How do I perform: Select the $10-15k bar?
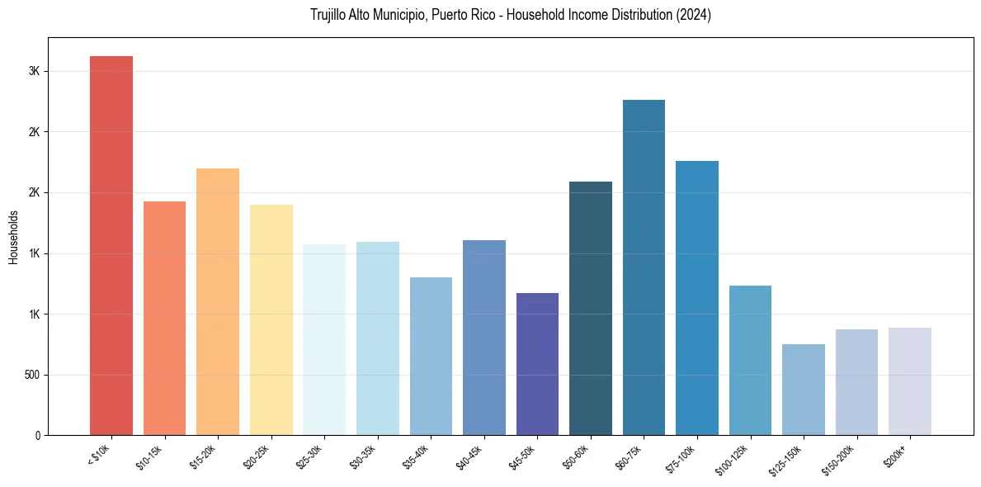coord(164,318)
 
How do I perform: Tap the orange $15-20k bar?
coord(218,301)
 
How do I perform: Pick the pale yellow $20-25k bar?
coord(271,319)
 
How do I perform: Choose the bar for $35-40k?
coord(431,356)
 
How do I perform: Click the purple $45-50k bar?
coord(537,364)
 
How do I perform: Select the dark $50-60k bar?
coord(591,308)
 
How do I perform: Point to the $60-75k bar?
coord(644,267)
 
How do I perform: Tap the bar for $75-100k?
coord(697,298)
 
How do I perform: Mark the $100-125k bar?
coord(750,360)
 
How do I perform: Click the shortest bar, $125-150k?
coord(804,390)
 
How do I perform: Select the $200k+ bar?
coord(910,381)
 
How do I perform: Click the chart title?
coord(511,16)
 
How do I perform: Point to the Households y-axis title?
coord(14,237)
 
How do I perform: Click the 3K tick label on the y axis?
coord(34,71)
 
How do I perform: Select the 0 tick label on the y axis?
coord(37,435)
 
